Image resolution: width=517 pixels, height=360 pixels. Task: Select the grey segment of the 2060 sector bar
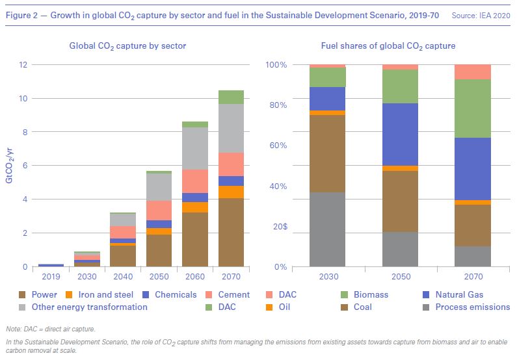[x=195, y=148]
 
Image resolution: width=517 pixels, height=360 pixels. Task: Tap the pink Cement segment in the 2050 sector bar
[x=159, y=210]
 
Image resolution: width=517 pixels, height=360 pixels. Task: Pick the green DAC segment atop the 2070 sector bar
[x=231, y=97]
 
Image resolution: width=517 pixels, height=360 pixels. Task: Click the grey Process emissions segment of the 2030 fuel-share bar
[x=327, y=229]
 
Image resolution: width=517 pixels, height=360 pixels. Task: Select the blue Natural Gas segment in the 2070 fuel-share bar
[x=473, y=169]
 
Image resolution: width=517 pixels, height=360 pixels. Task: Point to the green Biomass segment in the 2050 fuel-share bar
[x=400, y=86]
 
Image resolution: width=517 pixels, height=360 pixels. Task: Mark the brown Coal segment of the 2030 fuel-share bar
[x=327, y=153]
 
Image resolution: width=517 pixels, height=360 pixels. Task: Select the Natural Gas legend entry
[x=459, y=294]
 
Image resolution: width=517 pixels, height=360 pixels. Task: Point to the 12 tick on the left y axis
[x=23, y=65]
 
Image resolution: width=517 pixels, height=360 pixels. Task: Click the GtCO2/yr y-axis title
[x=9, y=165]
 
